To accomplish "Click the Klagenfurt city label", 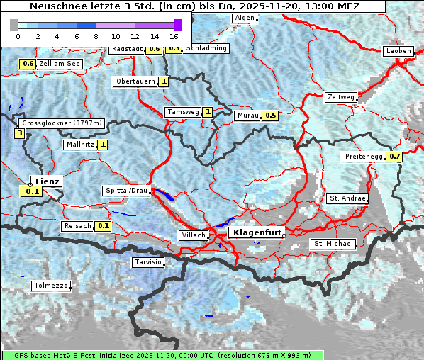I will (x=257, y=232).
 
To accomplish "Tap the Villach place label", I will (x=193, y=235).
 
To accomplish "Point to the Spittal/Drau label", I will (x=126, y=191).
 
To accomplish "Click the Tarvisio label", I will (x=148, y=262).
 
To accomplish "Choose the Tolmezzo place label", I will (x=51, y=286).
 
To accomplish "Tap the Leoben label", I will (x=398, y=51).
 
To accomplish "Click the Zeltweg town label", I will (x=341, y=96).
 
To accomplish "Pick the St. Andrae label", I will (x=347, y=198).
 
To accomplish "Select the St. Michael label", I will (x=333, y=244).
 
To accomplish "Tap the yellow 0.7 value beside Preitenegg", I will (x=395, y=157).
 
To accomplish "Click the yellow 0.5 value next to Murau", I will (x=270, y=115).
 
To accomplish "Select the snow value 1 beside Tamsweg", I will (x=208, y=112).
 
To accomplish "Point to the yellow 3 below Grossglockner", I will (x=20, y=133).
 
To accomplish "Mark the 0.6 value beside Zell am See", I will (x=28, y=64).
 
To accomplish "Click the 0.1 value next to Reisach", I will (x=104, y=226).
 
